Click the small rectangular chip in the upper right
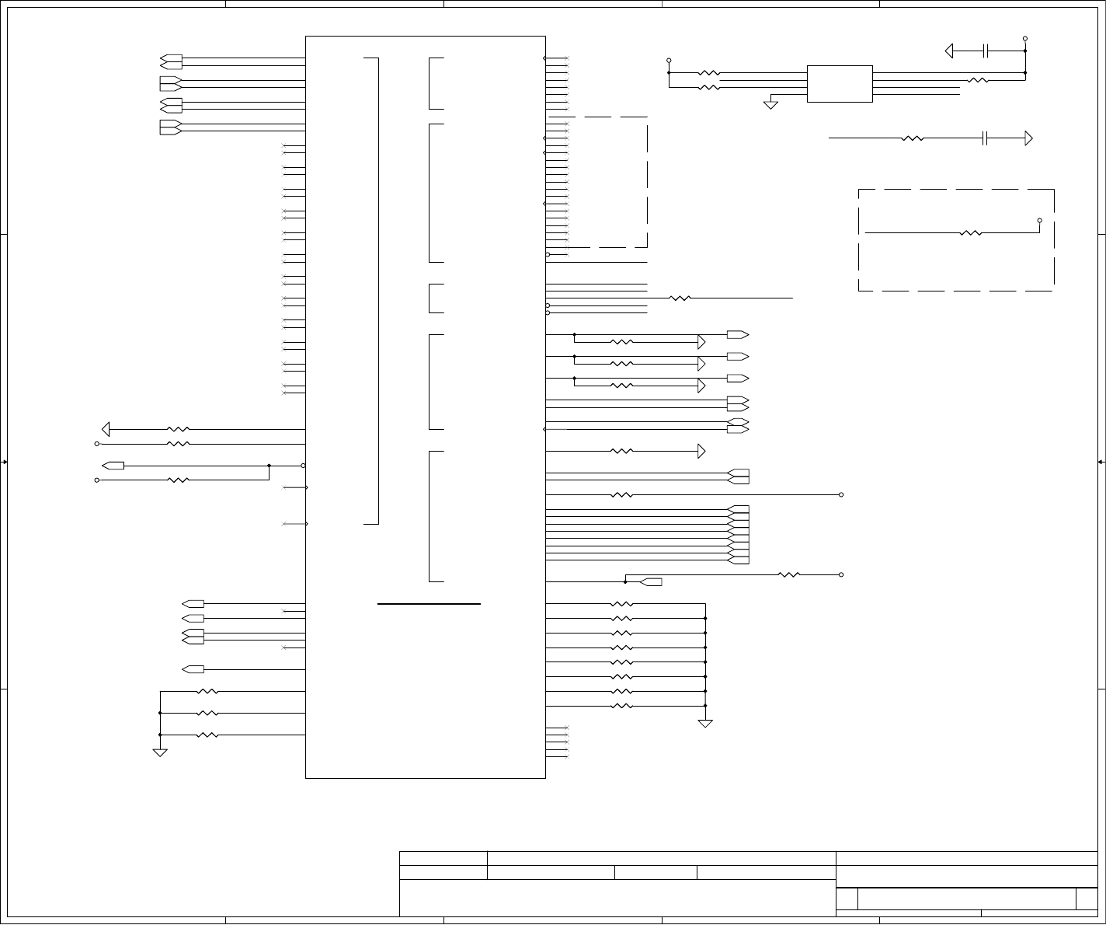840,84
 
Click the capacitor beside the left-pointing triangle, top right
986,51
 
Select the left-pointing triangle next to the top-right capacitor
949,51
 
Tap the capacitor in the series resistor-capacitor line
986,139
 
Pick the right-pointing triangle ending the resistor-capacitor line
1028,139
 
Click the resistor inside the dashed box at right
971,232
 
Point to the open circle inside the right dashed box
1040,221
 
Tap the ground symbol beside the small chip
770,104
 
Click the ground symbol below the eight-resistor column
705,724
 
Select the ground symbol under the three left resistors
160,752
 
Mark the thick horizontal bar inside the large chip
429,603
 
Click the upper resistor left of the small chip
709,74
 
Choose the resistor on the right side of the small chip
978,80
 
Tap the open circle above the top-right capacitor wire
1025,38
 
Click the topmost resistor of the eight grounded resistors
621,604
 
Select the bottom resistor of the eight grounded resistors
621,707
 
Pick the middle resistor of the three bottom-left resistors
207,714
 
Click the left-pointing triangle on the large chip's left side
106,429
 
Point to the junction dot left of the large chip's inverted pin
269,466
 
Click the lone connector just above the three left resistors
193,669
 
